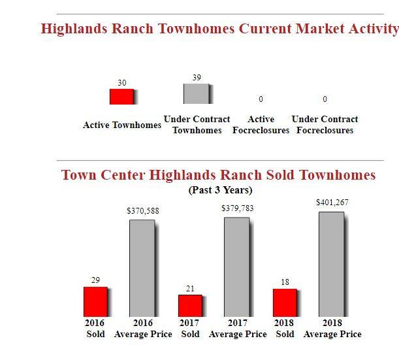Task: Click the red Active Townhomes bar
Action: pos(121,97)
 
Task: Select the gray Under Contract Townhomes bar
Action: pos(196,93)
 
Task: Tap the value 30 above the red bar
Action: pos(122,83)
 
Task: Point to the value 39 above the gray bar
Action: pos(197,77)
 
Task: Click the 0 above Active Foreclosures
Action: pos(261,99)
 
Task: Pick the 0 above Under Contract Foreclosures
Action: pos(325,99)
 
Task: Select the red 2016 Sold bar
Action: pos(96,302)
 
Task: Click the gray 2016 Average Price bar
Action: pos(142,269)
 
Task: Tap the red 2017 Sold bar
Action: pos(190,306)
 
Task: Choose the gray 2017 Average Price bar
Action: pos(236,267)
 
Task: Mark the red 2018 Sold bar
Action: pos(285,303)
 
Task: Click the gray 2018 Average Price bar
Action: pos(331,264)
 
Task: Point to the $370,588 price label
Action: pos(143,211)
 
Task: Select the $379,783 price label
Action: pos(238,208)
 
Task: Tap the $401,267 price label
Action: pos(332,203)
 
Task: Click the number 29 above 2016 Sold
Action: pos(96,280)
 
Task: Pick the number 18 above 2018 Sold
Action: pos(285,282)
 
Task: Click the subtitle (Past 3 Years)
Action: pos(220,190)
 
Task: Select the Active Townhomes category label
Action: pos(122,125)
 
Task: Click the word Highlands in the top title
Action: pos(74,29)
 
